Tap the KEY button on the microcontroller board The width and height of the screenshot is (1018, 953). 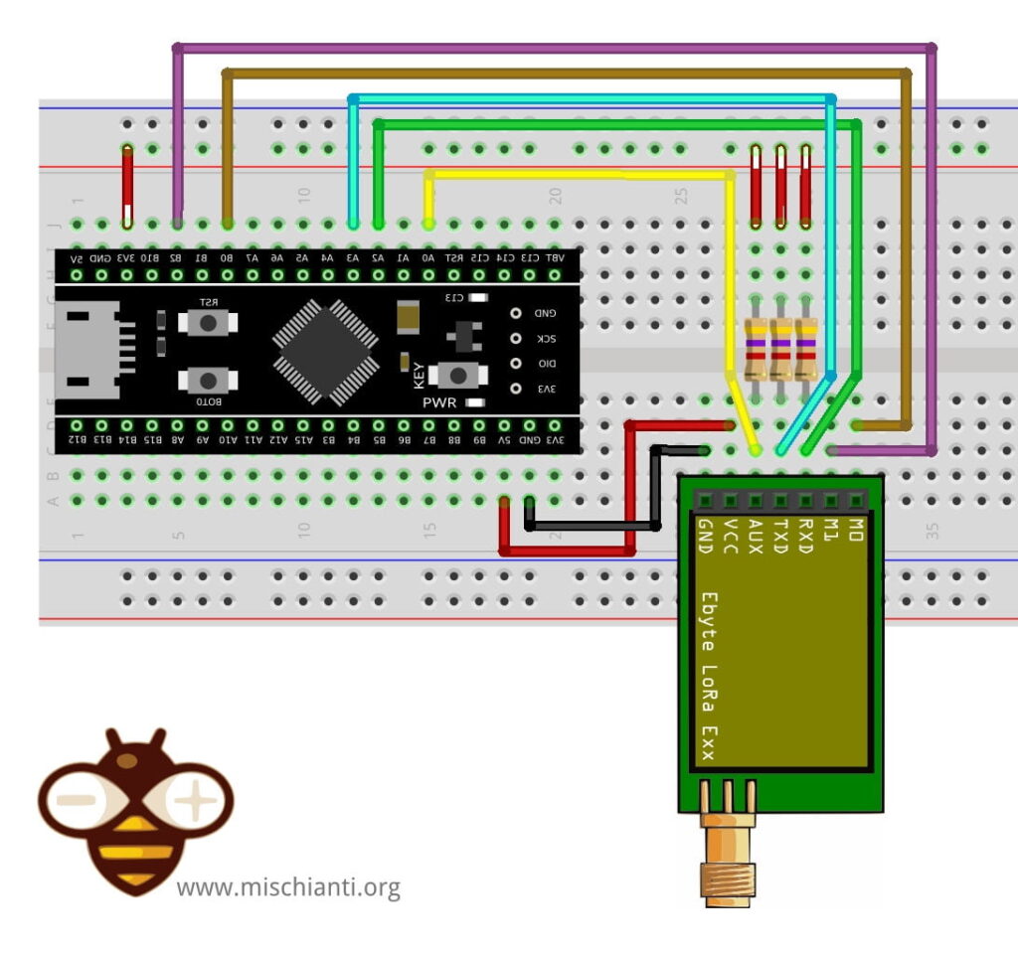[x=457, y=375]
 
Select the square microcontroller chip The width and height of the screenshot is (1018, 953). [x=326, y=351]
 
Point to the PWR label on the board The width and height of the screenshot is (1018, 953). [x=439, y=402]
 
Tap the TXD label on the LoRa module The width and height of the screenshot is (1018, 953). [x=781, y=537]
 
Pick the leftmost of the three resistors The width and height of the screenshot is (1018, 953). [x=757, y=349]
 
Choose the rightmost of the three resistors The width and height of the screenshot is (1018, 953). [x=805, y=349]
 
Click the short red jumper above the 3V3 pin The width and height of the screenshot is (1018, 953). [x=127, y=186]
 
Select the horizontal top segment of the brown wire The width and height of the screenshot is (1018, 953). [x=567, y=73]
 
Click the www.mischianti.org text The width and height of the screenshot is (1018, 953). [x=288, y=886]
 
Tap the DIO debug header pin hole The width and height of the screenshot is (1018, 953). [x=516, y=363]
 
